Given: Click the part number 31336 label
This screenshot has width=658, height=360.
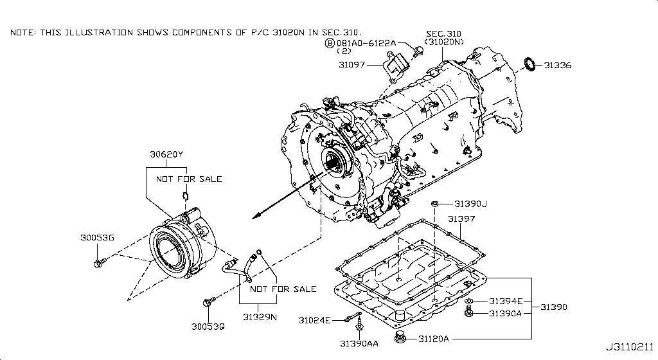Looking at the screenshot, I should pyautogui.click(x=558, y=66).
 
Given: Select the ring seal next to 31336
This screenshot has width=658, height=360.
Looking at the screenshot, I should pyautogui.click(x=531, y=64).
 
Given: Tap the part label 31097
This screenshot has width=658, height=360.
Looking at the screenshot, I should pyautogui.click(x=353, y=65).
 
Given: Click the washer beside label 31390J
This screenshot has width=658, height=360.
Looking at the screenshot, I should pyautogui.click(x=435, y=204).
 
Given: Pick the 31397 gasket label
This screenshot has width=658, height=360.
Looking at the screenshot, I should pyautogui.click(x=461, y=219).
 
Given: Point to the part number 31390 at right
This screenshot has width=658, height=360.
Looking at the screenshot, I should pyautogui.click(x=553, y=307).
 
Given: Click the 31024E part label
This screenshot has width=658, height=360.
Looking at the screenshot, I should pyautogui.click(x=314, y=320).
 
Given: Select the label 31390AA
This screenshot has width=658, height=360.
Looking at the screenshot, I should pyautogui.click(x=360, y=344).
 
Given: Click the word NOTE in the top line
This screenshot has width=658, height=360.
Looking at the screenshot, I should pyautogui.click(x=22, y=32).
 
